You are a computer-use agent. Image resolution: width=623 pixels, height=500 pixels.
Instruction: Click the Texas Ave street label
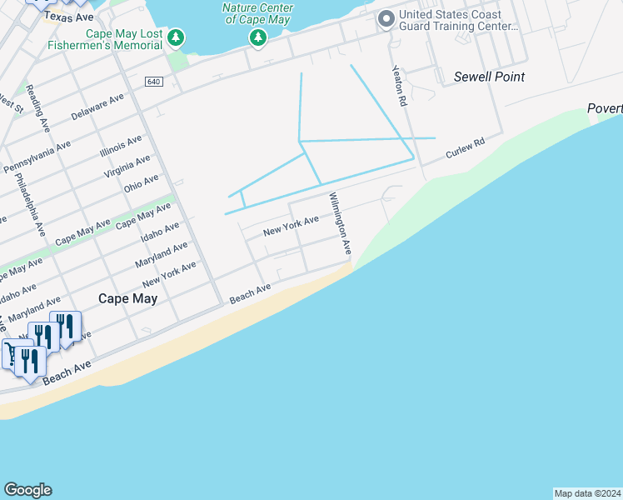click(x=68, y=17)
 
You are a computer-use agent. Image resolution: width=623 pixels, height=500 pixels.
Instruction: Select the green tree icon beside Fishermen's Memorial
click(x=175, y=37)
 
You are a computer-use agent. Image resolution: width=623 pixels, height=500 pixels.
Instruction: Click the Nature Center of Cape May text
click(x=258, y=14)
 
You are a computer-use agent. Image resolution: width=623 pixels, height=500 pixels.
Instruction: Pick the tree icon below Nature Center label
click(x=258, y=37)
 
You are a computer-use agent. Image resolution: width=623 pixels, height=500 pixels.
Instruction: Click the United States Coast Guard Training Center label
click(x=459, y=21)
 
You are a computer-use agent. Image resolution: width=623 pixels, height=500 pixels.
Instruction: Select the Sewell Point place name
click(x=489, y=77)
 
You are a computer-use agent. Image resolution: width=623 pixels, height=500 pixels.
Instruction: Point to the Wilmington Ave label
click(x=341, y=224)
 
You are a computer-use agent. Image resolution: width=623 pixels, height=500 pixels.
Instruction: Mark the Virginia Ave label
click(x=127, y=166)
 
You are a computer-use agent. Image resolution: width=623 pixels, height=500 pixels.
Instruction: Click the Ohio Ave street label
click(x=140, y=182)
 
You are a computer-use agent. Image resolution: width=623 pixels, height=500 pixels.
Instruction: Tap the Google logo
click(x=27, y=490)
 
